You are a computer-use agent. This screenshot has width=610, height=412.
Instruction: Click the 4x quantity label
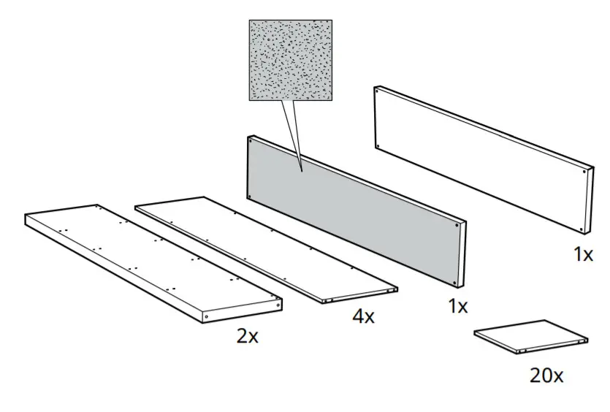(363, 316)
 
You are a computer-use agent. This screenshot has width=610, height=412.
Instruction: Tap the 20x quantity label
(546, 375)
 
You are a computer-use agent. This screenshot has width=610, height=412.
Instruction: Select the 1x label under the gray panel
(457, 306)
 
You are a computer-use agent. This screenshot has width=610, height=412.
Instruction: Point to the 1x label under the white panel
(583, 254)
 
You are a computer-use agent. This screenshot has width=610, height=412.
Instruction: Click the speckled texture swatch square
(291, 60)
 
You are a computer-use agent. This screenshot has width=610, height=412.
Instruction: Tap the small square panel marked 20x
(530, 336)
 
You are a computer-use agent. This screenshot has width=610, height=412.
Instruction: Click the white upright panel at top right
(482, 157)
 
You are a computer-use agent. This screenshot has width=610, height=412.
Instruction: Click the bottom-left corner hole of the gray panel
(251, 196)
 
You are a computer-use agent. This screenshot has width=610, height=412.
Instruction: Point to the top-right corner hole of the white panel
(588, 171)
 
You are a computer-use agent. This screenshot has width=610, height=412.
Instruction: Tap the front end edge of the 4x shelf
(362, 296)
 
